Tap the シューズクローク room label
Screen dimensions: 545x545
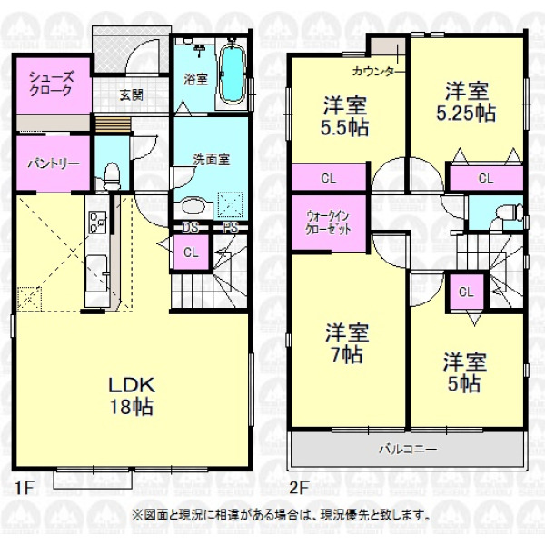click(51, 84)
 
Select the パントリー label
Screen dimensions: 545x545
click(54, 163)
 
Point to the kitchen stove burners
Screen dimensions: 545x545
click(98, 222)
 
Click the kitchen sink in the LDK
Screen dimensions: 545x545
click(96, 272)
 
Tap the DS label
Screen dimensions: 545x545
click(191, 228)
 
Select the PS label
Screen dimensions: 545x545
click(231, 228)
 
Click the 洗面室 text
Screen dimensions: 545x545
click(212, 160)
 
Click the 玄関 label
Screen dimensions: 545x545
click(132, 94)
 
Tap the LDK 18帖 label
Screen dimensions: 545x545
click(132, 396)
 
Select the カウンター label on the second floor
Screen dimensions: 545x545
click(373, 72)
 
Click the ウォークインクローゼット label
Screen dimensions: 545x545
click(328, 223)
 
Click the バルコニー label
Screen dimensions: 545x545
click(408, 450)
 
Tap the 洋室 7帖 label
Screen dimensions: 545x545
click(347, 343)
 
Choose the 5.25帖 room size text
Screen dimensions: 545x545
click(466, 114)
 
